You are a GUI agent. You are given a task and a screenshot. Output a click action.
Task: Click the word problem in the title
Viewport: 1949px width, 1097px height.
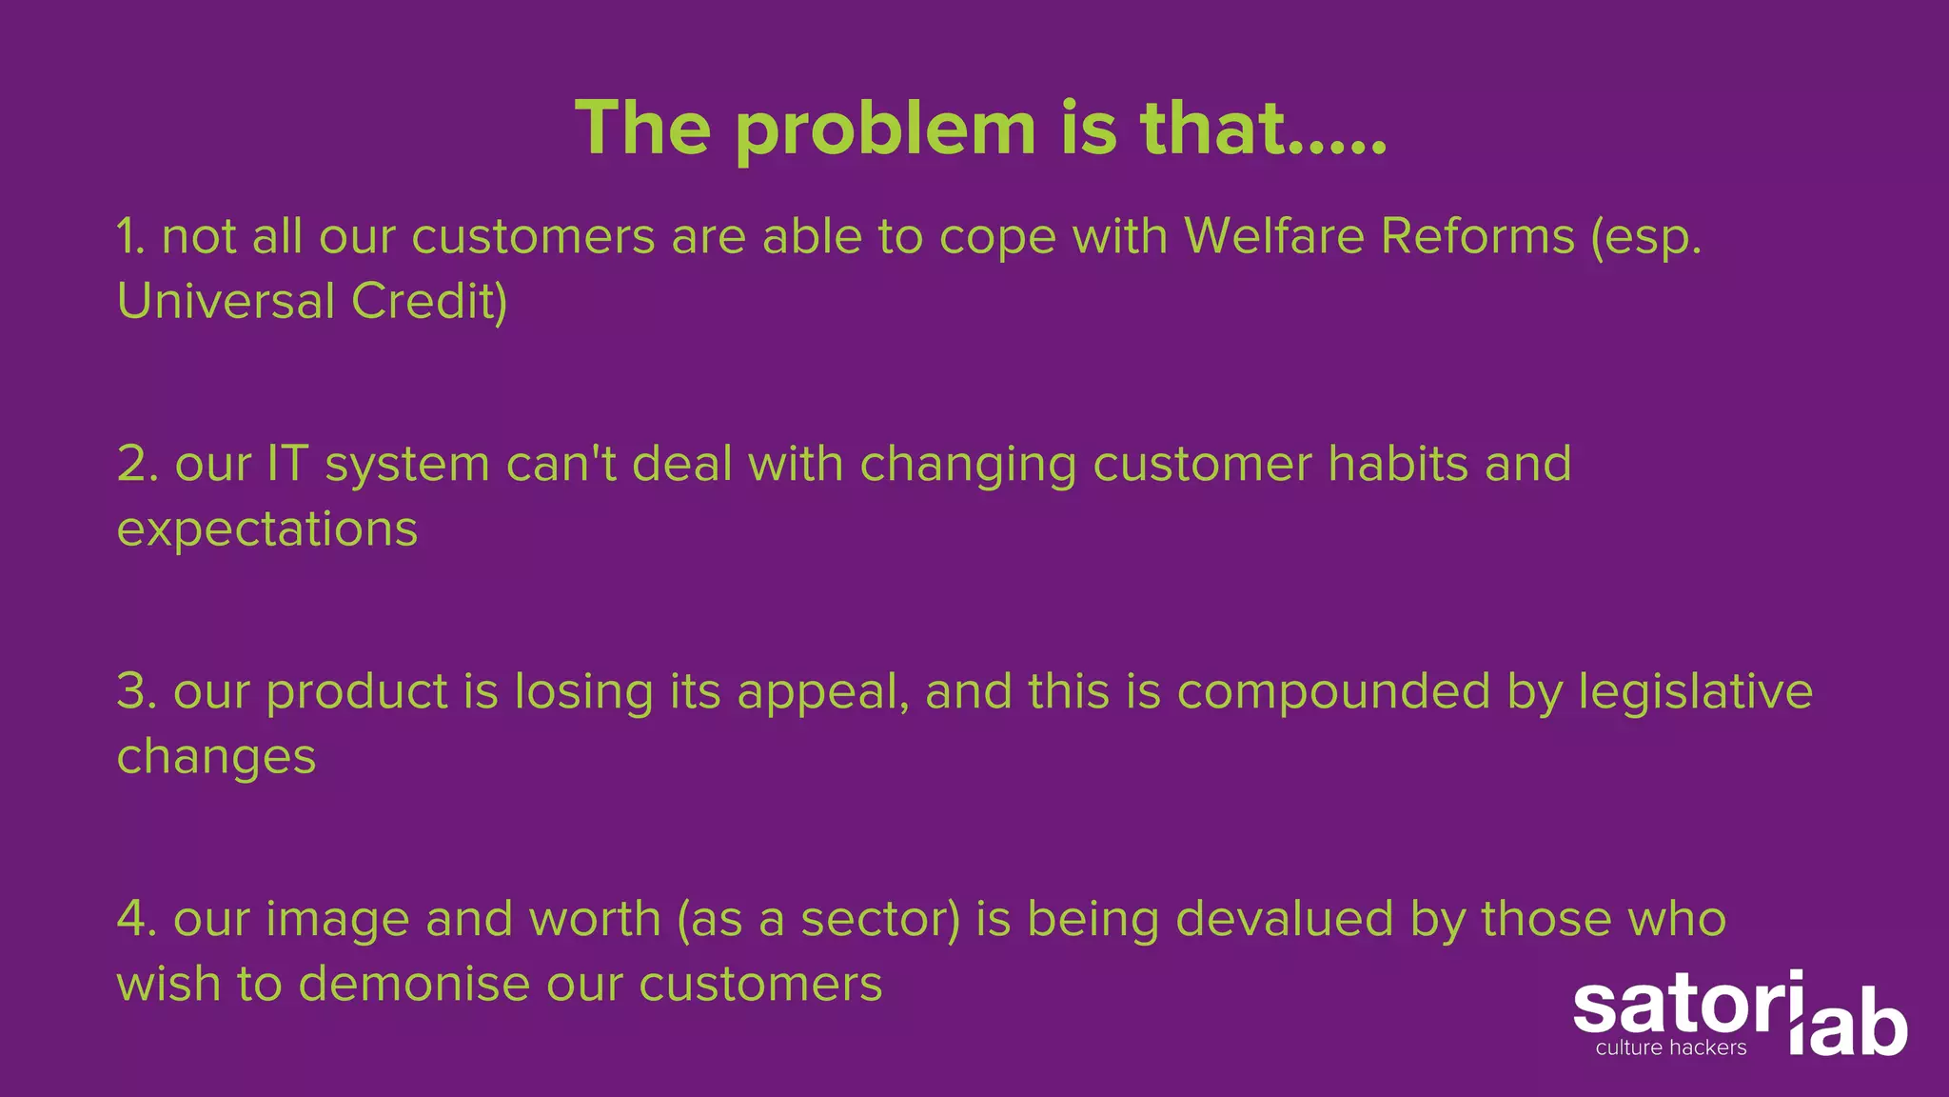click(885, 130)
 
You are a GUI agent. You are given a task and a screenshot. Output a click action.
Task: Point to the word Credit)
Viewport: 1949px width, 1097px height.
click(429, 301)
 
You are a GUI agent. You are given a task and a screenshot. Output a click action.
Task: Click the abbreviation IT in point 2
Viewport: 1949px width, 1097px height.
click(287, 464)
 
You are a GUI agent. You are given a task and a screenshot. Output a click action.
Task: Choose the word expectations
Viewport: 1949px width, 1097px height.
click(267, 529)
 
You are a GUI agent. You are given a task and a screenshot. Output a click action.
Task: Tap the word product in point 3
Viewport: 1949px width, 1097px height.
click(357, 692)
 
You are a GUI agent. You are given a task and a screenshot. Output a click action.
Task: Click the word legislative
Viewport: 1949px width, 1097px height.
click(1696, 692)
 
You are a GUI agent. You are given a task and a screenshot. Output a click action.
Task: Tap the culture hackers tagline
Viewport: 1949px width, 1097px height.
click(1671, 1048)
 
